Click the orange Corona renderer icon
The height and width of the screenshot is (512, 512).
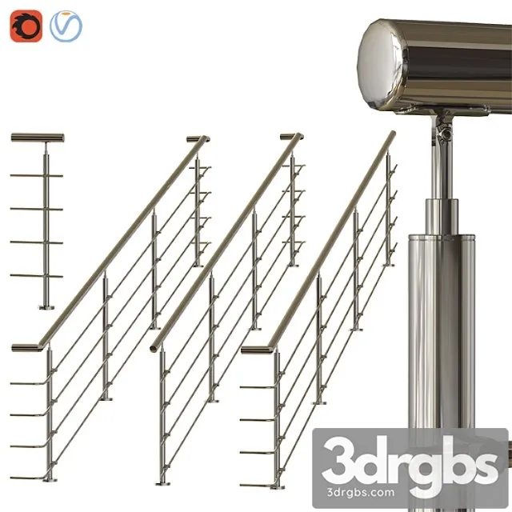point(26,26)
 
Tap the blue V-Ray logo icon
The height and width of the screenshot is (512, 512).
point(66,26)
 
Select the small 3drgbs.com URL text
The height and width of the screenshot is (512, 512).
point(410,490)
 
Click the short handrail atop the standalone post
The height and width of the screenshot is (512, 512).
point(38,138)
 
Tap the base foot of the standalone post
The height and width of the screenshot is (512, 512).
point(46,306)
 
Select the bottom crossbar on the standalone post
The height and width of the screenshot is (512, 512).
point(37,276)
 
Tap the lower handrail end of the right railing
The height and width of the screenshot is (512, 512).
point(254,350)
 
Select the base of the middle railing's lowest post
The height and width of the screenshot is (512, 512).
point(162,482)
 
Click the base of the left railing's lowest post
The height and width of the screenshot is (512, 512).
point(50,479)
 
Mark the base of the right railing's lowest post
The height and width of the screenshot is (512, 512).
point(278,485)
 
